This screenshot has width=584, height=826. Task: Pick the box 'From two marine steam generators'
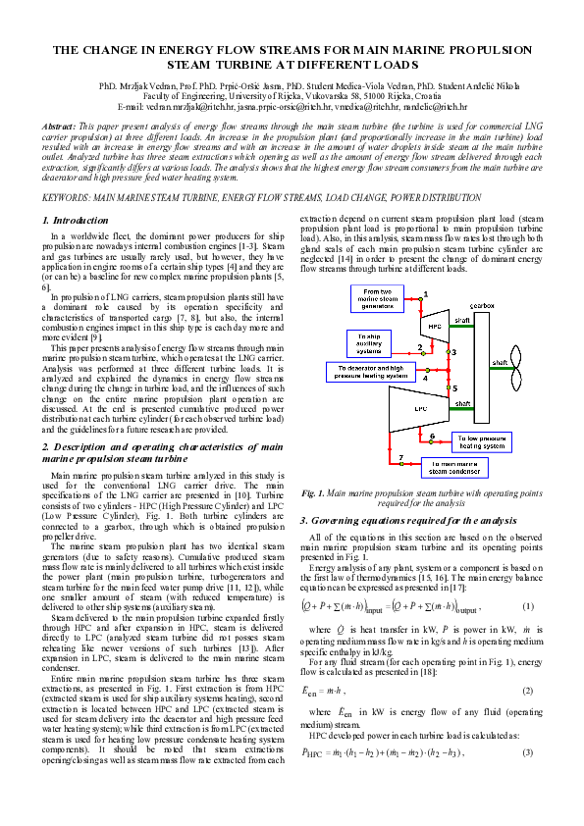point(384,298)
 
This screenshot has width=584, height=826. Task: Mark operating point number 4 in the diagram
point(424,377)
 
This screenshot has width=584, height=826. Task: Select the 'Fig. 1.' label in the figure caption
point(315,491)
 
